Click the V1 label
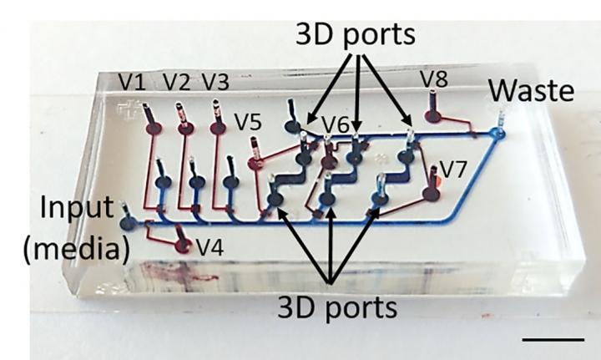[x=131, y=82]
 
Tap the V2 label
[x=176, y=82]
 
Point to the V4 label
[x=211, y=247]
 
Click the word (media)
[x=70, y=249]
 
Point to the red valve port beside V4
[x=184, y=246]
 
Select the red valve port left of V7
[x=430, y=194]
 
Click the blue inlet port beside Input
[x=128, y=223]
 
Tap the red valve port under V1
[x=154, y=129]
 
